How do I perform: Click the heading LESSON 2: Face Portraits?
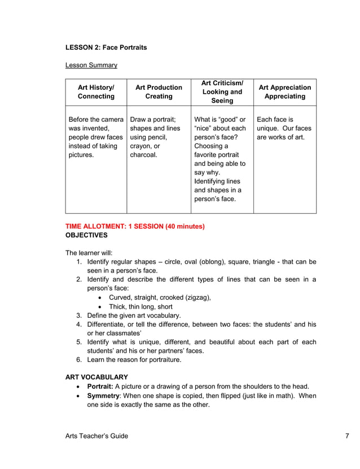coord(106,47)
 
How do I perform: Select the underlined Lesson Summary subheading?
coord(91,65)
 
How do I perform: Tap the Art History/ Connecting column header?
coord(96,92)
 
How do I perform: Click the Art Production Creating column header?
coord(159,92)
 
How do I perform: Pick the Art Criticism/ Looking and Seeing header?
coord(222,92)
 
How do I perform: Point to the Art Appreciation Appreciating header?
coord(284,92)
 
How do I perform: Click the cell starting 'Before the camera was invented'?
coord(95,137)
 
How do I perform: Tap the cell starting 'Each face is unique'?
coord(284,128)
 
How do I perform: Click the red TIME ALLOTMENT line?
coord(135,226)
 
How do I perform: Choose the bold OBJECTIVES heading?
coord(86,235)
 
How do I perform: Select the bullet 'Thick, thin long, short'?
coord(141,306)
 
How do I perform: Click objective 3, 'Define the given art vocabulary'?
coord(134,315)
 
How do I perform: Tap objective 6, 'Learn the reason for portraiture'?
coord(134,360)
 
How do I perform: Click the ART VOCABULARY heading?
coord(96,377)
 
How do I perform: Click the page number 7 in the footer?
coord(348,436)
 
